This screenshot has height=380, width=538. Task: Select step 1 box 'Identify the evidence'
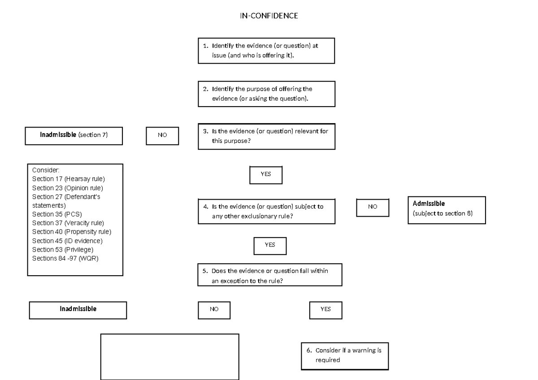[267, 50]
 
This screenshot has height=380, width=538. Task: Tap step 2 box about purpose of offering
[267, 94]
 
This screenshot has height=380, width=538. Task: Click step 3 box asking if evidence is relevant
[267, 136]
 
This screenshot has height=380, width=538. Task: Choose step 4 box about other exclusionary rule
[267, 211]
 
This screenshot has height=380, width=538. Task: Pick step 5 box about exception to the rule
[269, 274]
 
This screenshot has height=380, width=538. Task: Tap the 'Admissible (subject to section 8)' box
[447, 209]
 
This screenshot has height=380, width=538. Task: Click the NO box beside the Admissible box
[373, 207]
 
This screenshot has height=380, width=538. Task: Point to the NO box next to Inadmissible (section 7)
[162, 136]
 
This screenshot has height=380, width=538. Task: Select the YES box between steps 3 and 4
[266, 175]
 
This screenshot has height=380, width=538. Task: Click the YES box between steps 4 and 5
[269, 245]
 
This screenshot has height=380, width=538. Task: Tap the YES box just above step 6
[325, 309]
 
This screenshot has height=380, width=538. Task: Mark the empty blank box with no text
[169, 356]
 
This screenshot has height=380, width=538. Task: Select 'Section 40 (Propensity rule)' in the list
[72, 231]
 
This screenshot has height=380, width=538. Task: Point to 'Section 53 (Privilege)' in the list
[63, 249]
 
